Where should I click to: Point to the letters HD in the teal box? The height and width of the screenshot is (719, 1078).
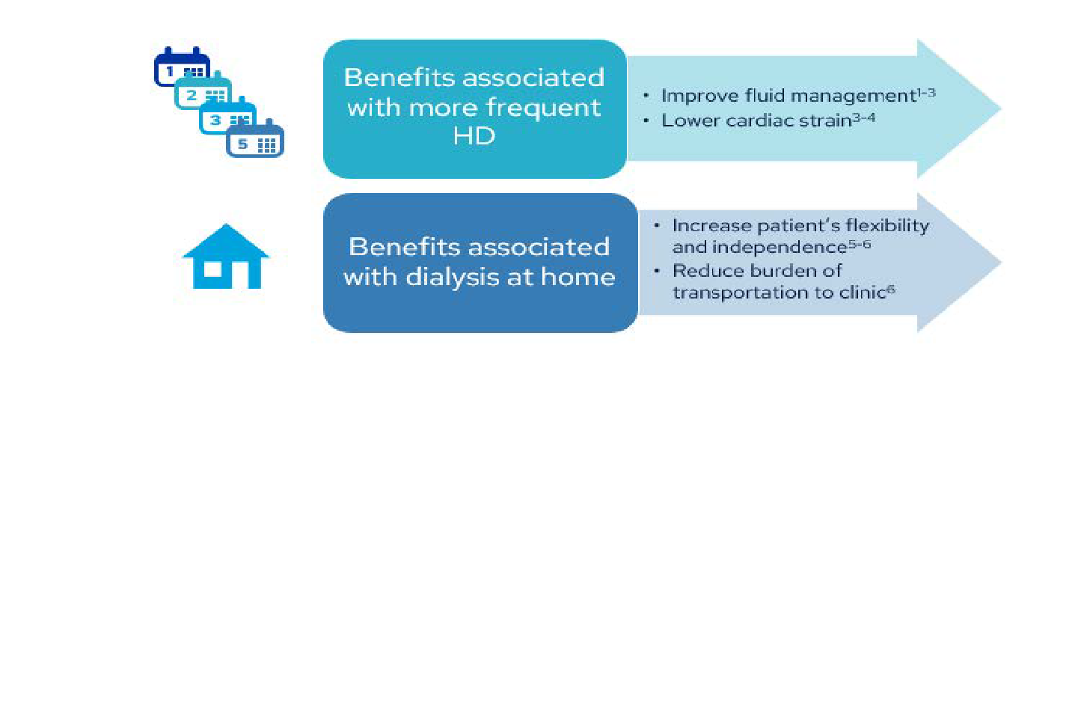[474, 136]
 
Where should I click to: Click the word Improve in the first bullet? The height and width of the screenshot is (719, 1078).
[691, 96]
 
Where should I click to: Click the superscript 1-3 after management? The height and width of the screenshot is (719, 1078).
[927, 93]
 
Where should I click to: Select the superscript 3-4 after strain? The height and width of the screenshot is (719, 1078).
[864, 117]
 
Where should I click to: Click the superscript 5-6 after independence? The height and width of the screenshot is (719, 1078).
[860, 245]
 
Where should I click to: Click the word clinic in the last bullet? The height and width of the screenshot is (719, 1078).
[862, 293]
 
